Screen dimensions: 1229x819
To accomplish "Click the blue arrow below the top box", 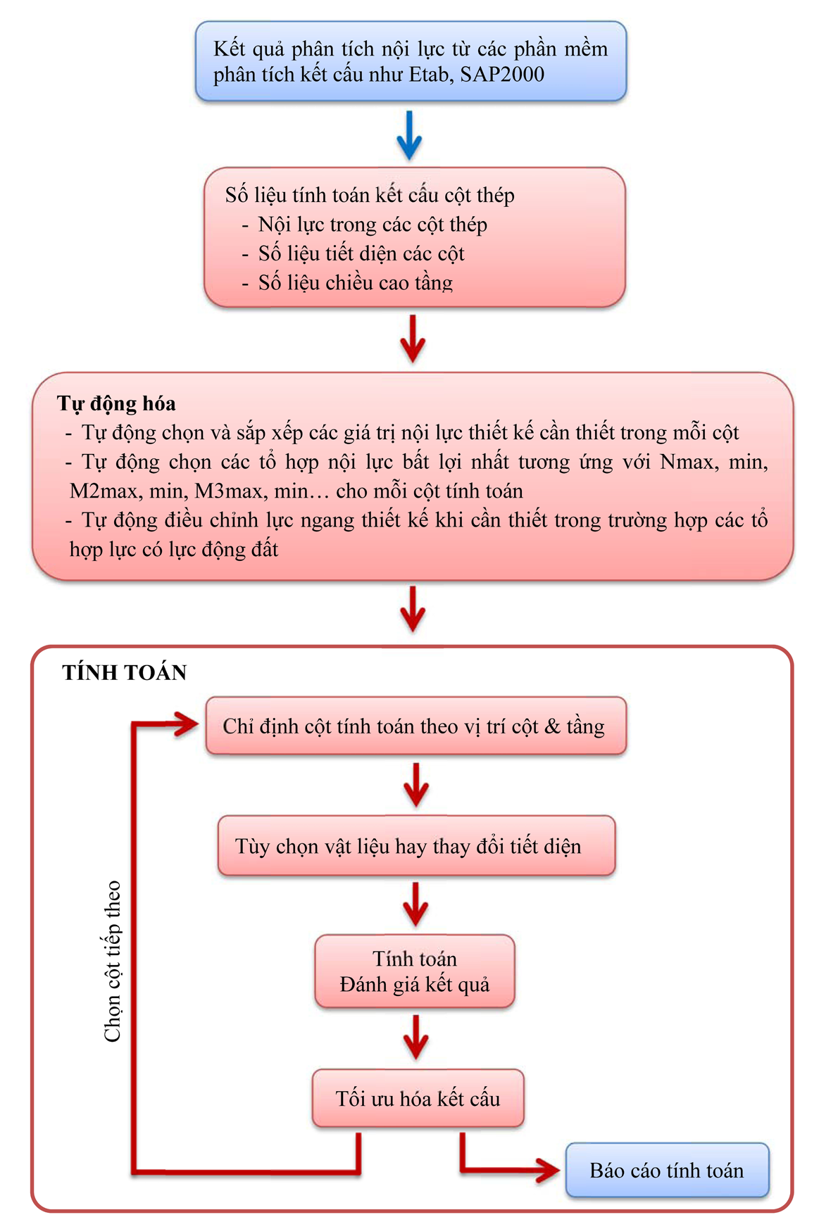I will (x=409, y=134).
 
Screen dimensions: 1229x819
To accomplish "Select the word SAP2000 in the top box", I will (x=502, y=75).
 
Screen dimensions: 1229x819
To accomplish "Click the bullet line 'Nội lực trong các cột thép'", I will (x=373, y=225).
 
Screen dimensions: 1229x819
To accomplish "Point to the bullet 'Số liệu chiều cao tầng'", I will (x=356, y=283).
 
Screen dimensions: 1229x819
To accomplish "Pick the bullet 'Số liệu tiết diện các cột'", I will (x=361, y=253).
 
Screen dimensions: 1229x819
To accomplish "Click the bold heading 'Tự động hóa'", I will (x=116, y=403).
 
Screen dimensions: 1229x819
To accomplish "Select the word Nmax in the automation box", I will (x=687, y=462).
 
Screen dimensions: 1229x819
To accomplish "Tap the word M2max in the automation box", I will (x=104, y=491).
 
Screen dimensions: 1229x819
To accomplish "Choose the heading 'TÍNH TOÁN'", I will (x=125, y=673).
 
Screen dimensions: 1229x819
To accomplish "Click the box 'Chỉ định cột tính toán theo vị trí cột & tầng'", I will (x=415, y=726).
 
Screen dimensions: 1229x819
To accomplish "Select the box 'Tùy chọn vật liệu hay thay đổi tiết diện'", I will (x=415, y=845).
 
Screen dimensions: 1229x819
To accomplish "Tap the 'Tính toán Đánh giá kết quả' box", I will (x=415, y=971).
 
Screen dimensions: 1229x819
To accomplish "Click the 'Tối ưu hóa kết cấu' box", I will (x=418, y=1098).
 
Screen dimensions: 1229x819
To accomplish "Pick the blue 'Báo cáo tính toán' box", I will (x=667, y=1170).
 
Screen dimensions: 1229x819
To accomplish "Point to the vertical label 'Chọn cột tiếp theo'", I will (x=113, y=961).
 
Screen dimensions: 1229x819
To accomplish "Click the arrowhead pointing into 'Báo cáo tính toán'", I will (x=549, y=1170).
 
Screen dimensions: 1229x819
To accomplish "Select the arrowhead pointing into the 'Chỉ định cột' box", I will (x=187, y=724).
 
